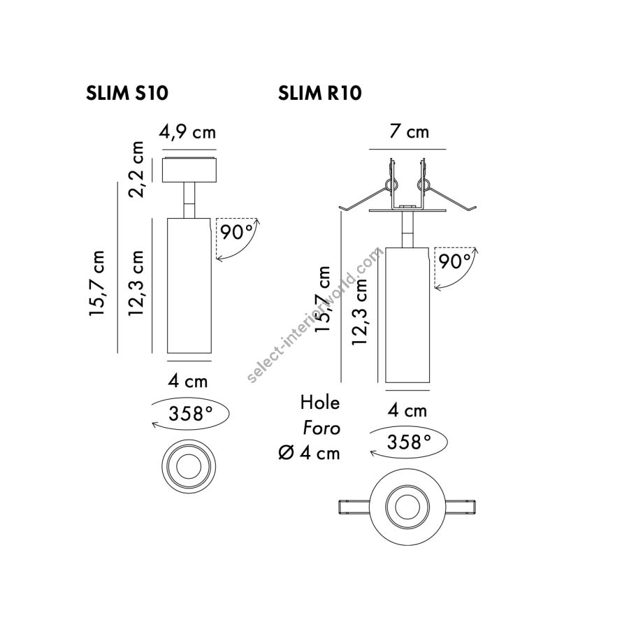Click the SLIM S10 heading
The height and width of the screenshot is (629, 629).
pos(126,94)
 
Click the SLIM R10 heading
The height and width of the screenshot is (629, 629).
pos(319,94)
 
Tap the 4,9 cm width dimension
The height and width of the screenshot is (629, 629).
pos(187,131)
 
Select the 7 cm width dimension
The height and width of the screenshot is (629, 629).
pos(409,131)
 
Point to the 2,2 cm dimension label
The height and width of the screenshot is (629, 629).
pos(136,169)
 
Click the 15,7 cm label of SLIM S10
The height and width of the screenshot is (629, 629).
pos(96,283)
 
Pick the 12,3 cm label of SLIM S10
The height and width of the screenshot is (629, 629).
pos(136,283)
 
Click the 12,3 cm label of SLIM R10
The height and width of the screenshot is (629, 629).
pos(359,311)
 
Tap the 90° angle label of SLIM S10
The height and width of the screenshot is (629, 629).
pos(237,233)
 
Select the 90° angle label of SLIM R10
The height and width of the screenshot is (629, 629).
pos(455,261)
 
